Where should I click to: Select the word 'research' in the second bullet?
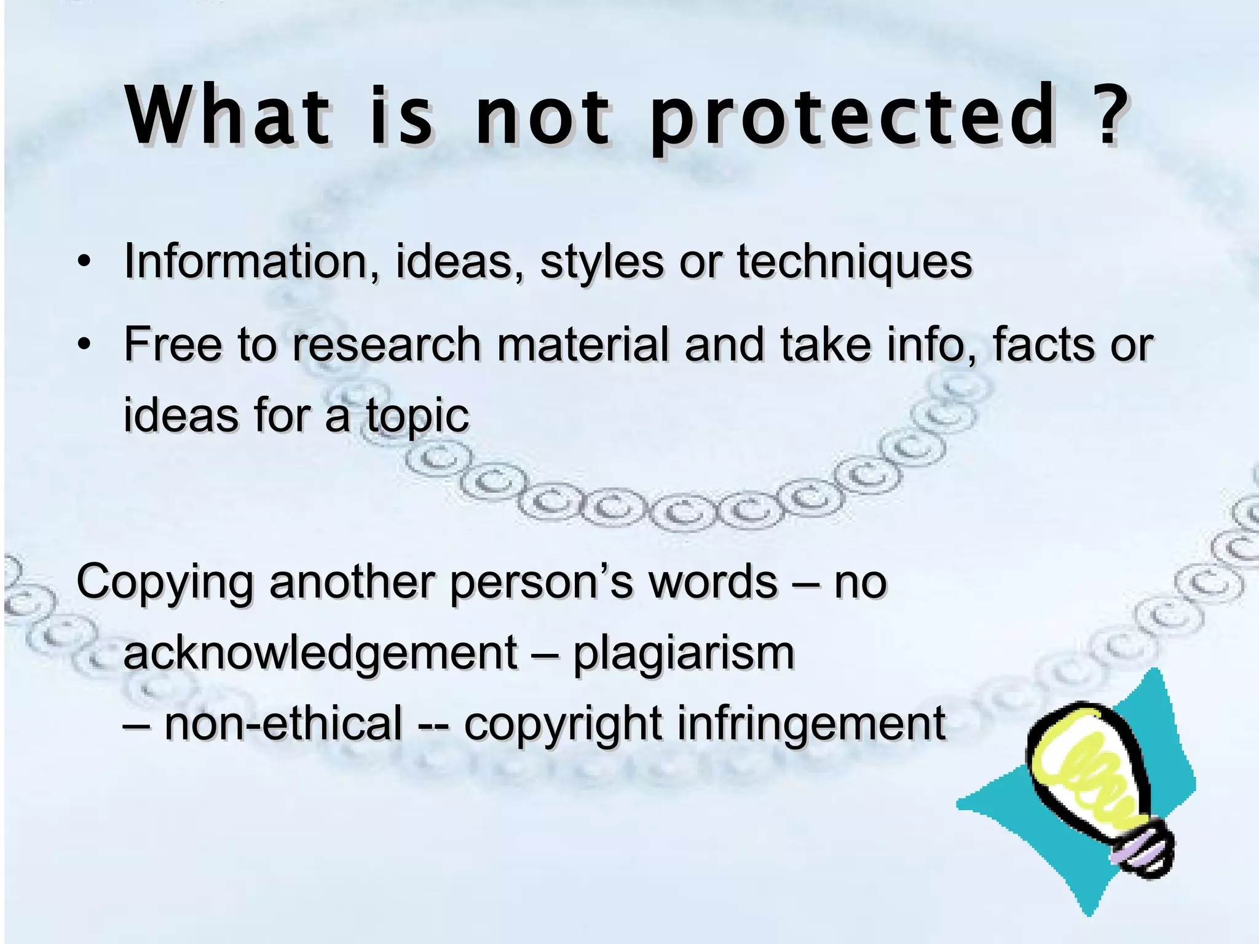pyautogui.click(x=387, y=344)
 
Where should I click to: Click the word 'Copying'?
pyautogui.click(x=165, y=583)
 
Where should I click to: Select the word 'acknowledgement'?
pyautogui.click(x=320, y=653)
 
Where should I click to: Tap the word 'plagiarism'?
pyautogui.click(x=684, y=653)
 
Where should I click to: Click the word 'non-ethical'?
pyautogui.click(x=283, y=723)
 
